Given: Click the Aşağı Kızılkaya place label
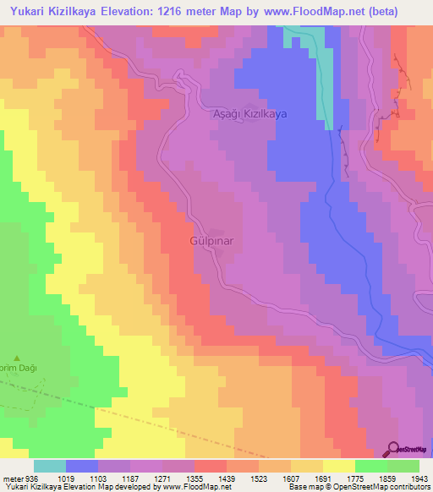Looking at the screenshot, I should point(249,113).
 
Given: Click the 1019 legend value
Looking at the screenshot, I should point(66,478).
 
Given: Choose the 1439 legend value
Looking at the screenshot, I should point(227,478).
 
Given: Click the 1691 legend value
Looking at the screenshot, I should point(323,478).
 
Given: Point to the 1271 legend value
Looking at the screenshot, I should point(162,478).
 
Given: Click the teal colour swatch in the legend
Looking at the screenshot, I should point(50,466).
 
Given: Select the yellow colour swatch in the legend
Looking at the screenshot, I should point(338,466).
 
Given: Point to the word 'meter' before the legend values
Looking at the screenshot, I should point(12,478).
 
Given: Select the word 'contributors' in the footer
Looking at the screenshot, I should point(406,487).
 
